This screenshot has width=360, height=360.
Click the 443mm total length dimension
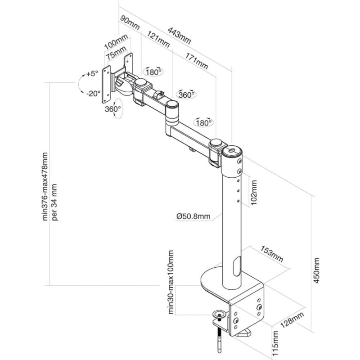coord(179,36)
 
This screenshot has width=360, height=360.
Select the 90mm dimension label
coord(130,22)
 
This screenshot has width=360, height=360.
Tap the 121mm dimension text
coord(158,39)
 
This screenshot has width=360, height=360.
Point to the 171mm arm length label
coord(197,61)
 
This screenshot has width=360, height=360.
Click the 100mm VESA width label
coord(116,42)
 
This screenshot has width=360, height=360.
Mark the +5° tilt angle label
coord(92,74)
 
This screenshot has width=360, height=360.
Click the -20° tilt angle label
coord(94,94)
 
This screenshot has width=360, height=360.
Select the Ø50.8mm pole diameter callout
coord(193,216)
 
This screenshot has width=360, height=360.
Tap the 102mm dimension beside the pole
coord(254,193)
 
